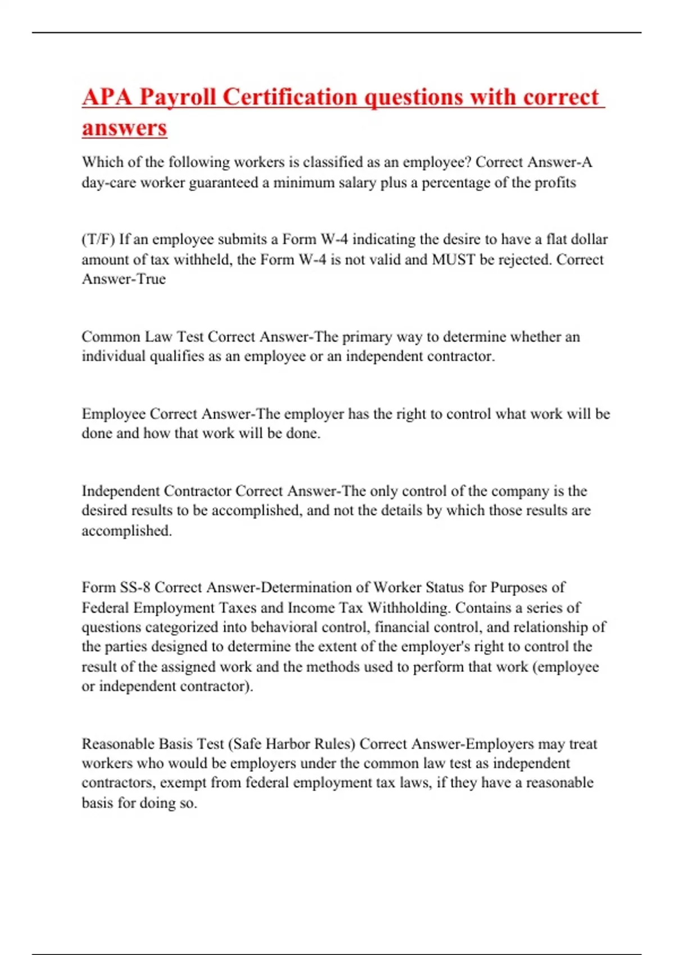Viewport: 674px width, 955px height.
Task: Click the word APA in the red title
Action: [107, 97]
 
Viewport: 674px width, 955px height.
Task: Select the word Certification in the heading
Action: [290, 97]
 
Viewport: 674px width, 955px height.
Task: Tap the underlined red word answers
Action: [124, 128]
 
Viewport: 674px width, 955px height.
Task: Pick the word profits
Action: [554, 183]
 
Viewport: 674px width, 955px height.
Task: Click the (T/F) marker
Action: [98, 239]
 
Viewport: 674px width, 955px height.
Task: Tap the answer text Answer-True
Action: [124, 279]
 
